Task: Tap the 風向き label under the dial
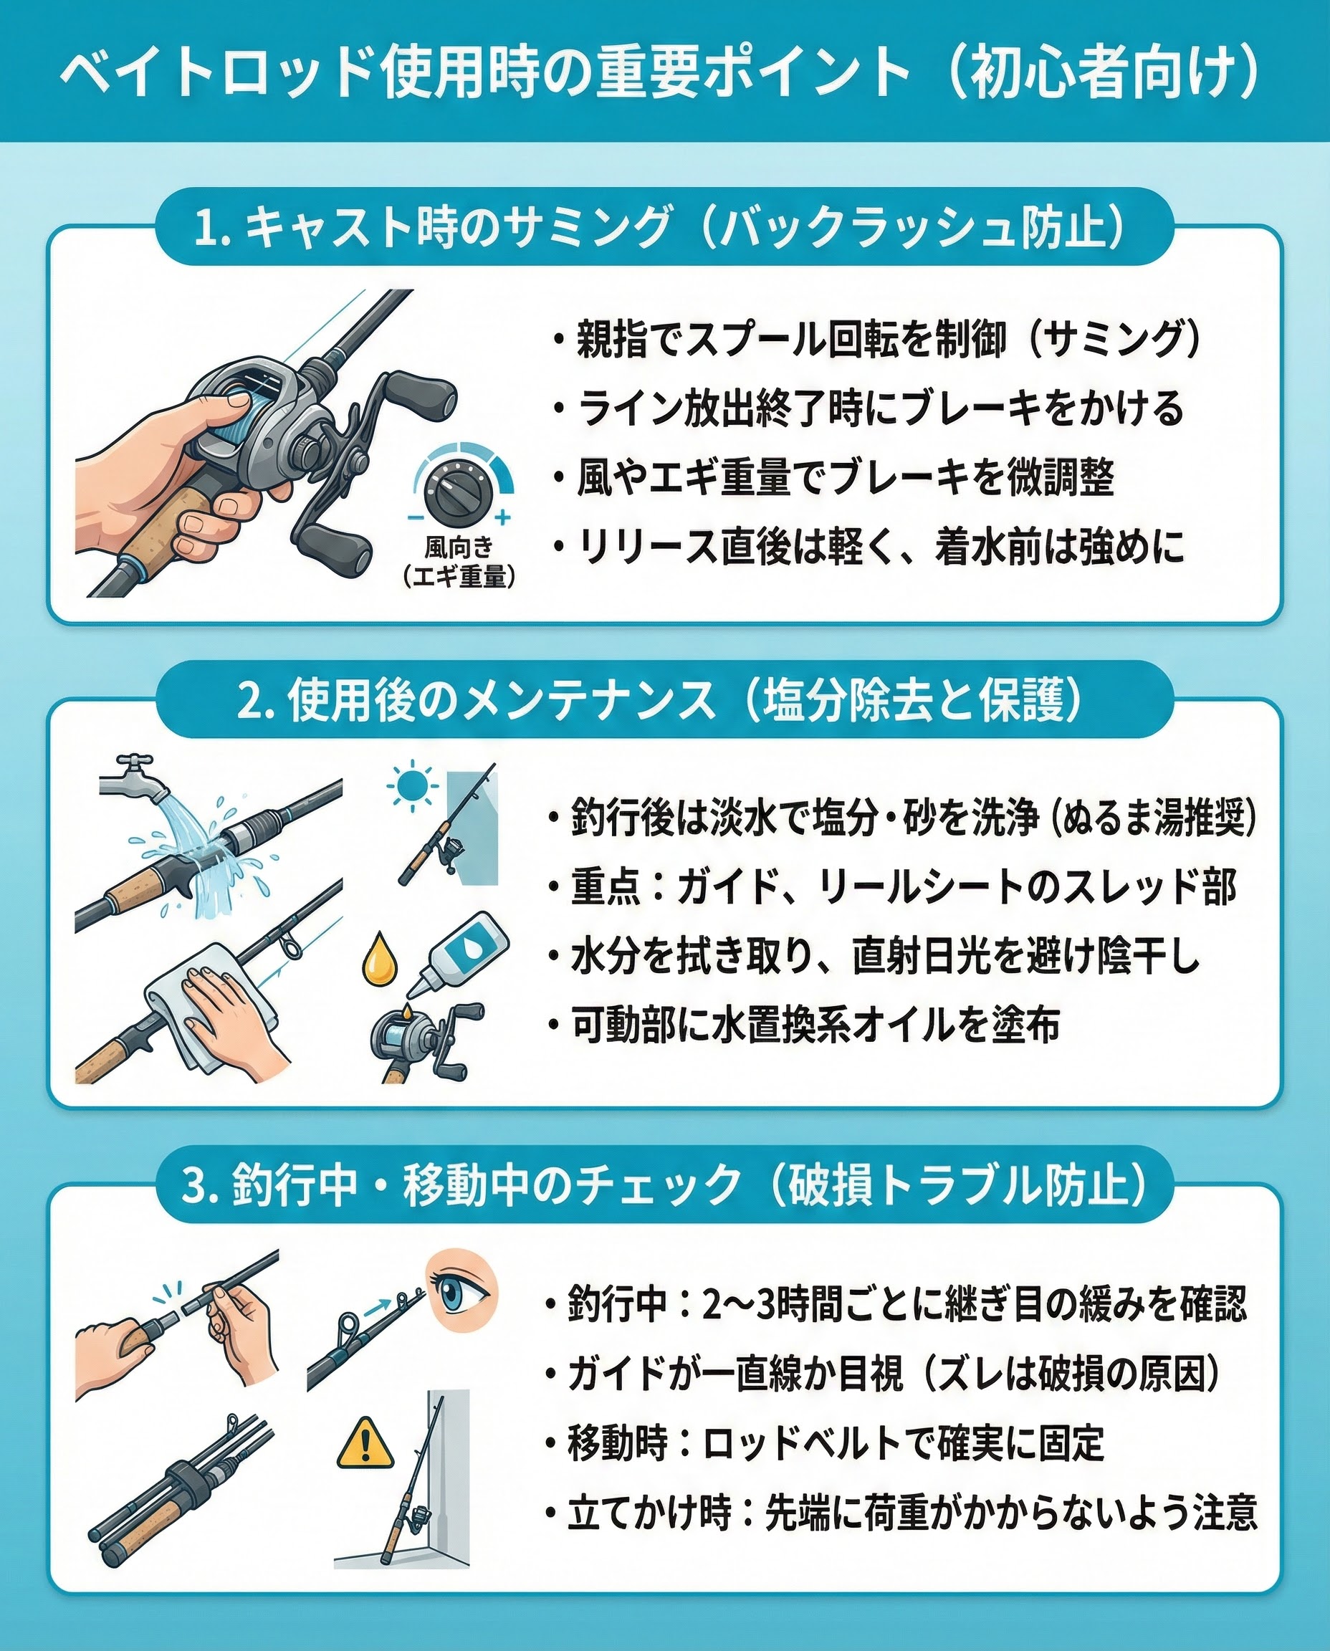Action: tap(459, 547)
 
